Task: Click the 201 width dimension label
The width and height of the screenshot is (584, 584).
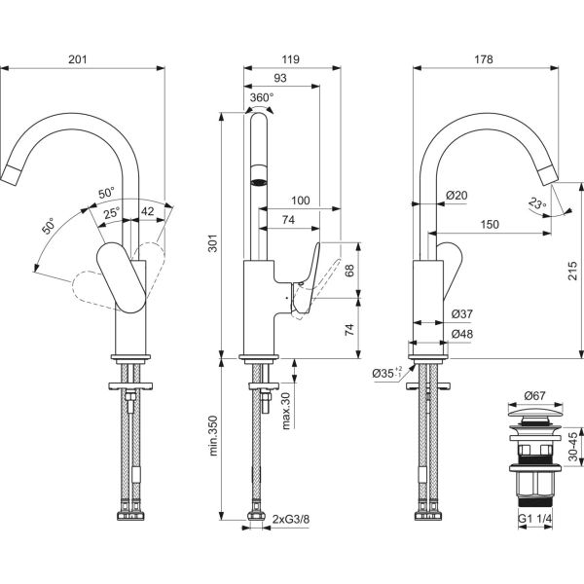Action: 81,60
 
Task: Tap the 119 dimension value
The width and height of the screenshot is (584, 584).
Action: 289,60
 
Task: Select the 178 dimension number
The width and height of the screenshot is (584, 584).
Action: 496,60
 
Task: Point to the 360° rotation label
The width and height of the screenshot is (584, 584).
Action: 262,97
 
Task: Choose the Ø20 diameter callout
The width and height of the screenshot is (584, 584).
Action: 456,196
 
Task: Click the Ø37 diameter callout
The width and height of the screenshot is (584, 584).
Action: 462,313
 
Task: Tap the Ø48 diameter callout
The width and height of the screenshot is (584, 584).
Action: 462,335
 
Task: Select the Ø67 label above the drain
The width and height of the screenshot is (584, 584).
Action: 534,396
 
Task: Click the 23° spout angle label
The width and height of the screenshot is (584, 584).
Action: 537,204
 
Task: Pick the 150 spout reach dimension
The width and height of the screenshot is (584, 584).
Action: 490,225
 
